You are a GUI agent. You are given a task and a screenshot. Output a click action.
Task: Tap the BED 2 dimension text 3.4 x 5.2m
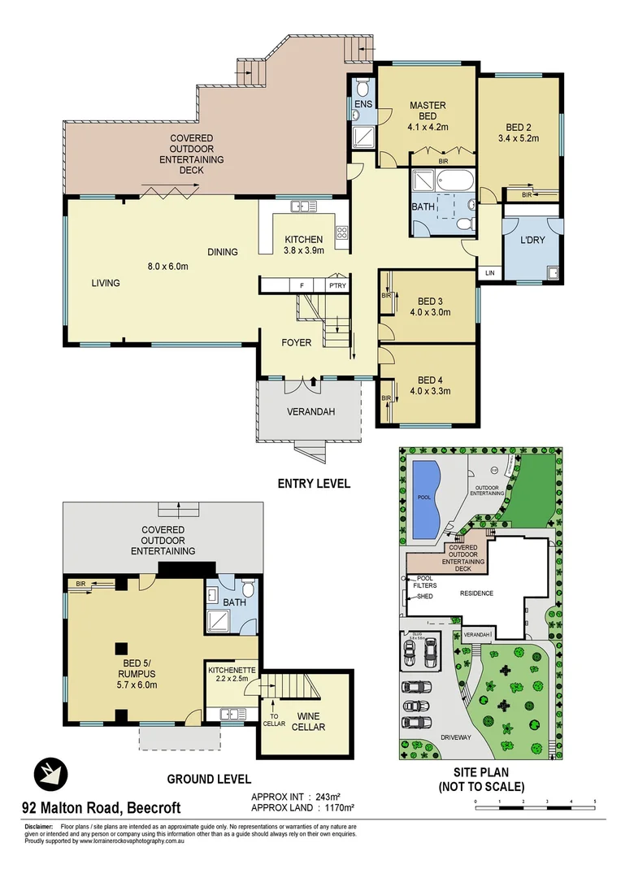518,139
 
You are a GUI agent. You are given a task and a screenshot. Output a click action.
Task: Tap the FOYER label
297,342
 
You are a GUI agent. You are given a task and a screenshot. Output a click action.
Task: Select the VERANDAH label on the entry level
310,411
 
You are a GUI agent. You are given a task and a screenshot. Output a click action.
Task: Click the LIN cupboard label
489,272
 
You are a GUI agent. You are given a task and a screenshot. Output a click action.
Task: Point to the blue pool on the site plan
425,498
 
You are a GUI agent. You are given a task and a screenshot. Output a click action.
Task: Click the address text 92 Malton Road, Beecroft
101,808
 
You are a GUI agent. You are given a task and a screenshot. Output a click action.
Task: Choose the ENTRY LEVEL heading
314,483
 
